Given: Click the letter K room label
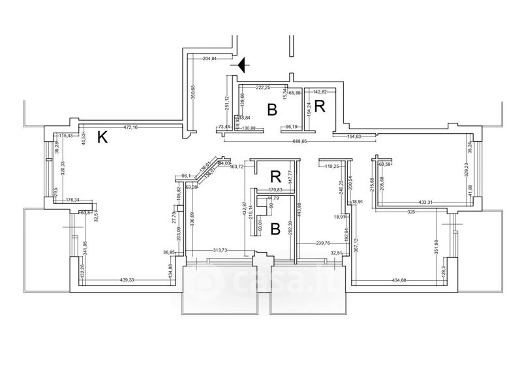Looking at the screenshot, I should [102, 137].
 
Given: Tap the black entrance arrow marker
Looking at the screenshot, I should [241, 65].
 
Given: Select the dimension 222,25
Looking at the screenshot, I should [263, 87].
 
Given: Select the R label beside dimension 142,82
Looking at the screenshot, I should [320, 106].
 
